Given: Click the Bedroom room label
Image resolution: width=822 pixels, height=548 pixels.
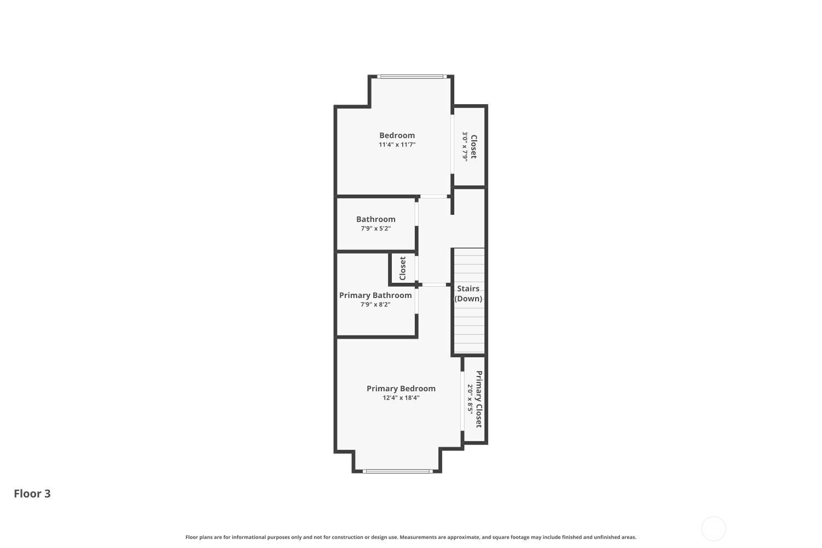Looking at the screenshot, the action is (397, 135).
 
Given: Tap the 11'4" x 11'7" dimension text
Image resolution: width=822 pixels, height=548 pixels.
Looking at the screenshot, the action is (397, 145).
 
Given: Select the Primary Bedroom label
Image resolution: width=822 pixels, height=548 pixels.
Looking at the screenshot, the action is (401, 389).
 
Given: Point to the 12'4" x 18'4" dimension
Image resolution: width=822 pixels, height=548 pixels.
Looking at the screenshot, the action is (401, 397).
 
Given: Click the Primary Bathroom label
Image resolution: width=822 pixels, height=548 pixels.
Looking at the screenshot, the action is (375, 295).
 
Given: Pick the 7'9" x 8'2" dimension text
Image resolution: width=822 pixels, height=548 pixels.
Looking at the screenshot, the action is (375, 304).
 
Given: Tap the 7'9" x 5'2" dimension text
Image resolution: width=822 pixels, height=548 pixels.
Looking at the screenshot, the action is (376, 229).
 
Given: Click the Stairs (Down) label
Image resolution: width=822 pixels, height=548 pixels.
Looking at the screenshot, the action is (468, 294).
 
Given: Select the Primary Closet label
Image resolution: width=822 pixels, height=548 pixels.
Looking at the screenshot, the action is (479, 399).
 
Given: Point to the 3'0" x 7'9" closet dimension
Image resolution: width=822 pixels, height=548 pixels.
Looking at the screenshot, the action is (465, 147).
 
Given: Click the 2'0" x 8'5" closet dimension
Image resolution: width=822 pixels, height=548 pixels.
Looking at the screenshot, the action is (470, 399).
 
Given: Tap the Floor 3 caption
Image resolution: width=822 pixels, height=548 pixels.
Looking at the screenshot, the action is (32, 494).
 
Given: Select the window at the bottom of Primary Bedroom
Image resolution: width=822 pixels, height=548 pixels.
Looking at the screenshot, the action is (398, 471).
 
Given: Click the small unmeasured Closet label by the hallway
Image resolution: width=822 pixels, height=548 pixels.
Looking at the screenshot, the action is (403, 269).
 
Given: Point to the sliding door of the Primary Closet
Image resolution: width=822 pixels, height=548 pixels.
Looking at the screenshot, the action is (463, 401).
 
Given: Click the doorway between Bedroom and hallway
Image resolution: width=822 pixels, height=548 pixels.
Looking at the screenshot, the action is (433, 196).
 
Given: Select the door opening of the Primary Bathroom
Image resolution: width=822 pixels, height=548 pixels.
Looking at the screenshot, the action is (416, 301).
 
